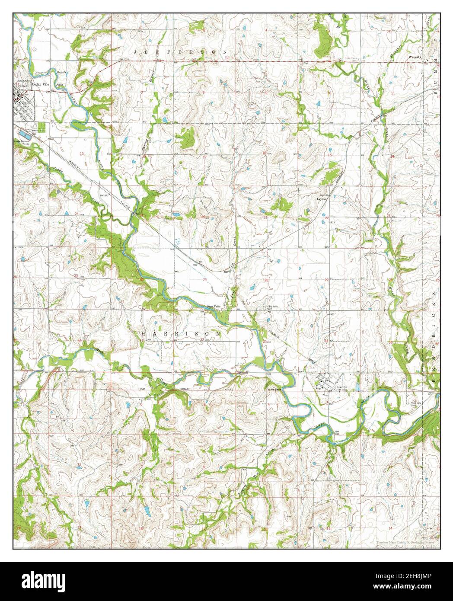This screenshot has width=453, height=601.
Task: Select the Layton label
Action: coord(321,199)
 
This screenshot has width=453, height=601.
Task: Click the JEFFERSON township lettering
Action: coord(181,51)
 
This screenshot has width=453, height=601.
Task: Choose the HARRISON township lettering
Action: coord(181,334)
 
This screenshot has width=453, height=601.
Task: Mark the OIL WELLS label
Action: coord(204,202)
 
